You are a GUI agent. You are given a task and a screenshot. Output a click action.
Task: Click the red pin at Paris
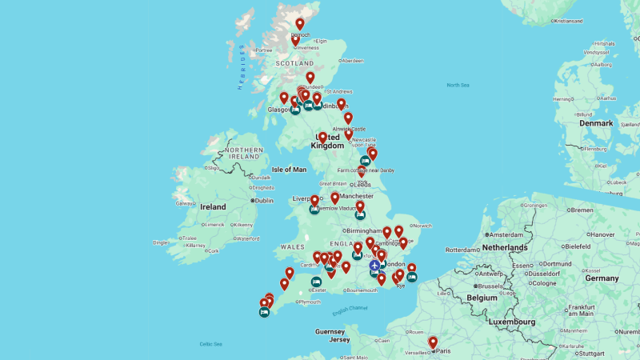[x=433, y=342]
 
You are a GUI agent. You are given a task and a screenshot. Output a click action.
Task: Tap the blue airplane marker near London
[x=374, y=266]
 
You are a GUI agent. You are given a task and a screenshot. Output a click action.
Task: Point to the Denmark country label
[x=596, y=123]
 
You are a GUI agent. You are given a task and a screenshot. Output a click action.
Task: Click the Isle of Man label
[x=290, y=170]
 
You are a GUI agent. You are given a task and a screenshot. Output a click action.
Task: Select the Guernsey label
[x=330, y=331]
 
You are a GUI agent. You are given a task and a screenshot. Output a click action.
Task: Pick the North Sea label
[x=458, y=85]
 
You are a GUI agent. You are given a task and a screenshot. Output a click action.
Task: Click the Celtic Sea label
[x=212, y=344]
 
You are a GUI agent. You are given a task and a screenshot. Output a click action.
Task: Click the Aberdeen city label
[x=351, y=61]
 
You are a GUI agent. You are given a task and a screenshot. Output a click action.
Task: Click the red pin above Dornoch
[x=300, y=24]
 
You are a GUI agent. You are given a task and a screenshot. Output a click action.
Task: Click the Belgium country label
[x=482, y=297]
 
